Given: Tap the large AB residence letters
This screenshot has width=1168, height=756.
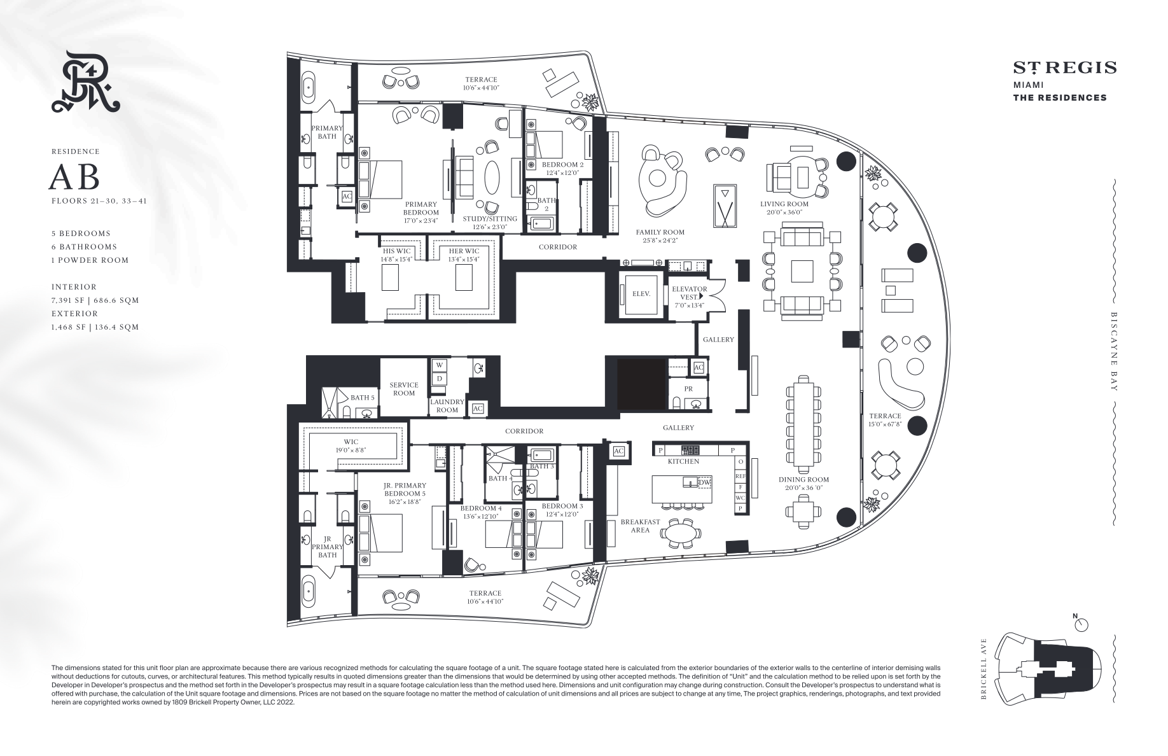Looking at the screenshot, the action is pos(74,178).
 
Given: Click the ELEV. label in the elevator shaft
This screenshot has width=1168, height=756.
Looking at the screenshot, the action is pos(641,294).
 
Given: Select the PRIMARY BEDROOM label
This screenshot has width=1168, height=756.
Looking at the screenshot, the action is pos(421,209).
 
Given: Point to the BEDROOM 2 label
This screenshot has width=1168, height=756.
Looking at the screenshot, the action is pos(562,164).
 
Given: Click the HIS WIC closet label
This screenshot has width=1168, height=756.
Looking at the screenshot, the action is pos(396,251).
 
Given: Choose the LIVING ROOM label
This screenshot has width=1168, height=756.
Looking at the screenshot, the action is pos(784,204).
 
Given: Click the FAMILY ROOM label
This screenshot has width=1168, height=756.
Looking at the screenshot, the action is pos(660,232).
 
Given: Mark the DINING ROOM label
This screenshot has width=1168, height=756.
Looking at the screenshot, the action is pos(804,480).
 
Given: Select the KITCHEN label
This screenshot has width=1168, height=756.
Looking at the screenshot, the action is pos(684,461).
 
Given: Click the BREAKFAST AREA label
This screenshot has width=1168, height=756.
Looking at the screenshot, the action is pos(640,526).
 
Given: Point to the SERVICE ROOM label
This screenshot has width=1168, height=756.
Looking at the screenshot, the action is pos(404,389).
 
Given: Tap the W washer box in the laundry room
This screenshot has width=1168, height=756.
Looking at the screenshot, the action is pos(439,365).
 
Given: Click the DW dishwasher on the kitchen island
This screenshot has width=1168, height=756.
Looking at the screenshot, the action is pos(704,483).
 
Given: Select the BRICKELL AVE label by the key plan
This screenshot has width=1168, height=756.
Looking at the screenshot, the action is pos(984,669).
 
